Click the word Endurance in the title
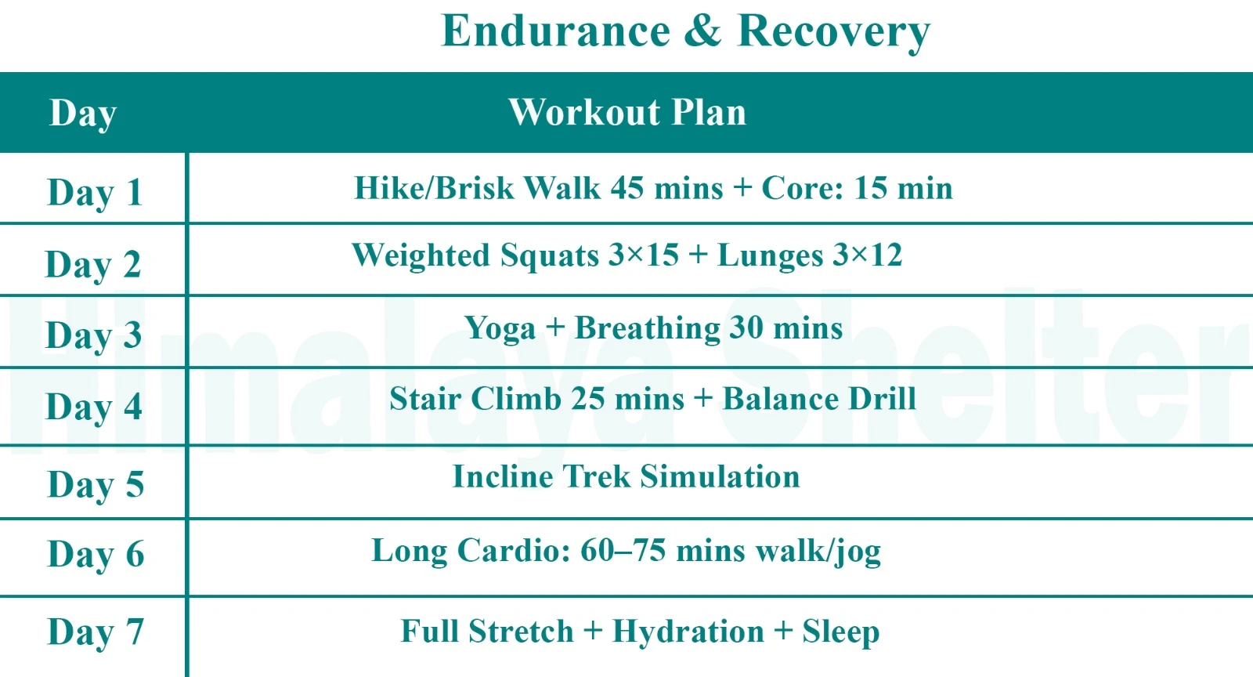pyautogui.click(x=556, y=31)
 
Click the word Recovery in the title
pyautogui.click(x=834, y=33)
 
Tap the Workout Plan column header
pyautogui.click(x=627, y=112)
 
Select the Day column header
pyautogui.click(x=83, y=114)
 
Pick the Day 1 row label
pyautogui.click(x=95, y=193)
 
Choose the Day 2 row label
pyautogui.click(x=93, y=264)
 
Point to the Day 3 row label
pyautogui.click(x=94, y=335)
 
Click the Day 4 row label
pyautogui.click(x=94, y=407)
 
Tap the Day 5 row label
pyautogui.click(x=96, y=484)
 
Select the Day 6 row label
pyautogui.click(x=96, y=555)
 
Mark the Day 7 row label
pyautogui.click(x=96, y=632)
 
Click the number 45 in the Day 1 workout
pyautogui.click(x=627, y=188)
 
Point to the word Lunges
pyautogui.click(x=771, y=256)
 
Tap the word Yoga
pyautogui.click(x=500, y=328)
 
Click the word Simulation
pyautogui.click(x=720, y=476)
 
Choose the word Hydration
pyautogui.click(x=688, y=632)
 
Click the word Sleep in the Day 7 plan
pyautogui.click(x=840, y=632)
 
